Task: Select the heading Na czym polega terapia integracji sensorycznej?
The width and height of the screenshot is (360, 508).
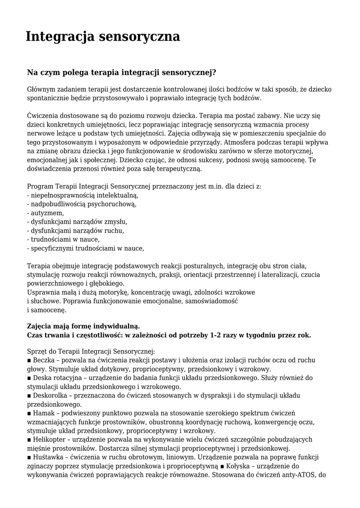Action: pyautogui.click(x=122, y=72)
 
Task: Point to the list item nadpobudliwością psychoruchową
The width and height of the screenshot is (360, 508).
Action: pyautogui.click(x=82, y=204)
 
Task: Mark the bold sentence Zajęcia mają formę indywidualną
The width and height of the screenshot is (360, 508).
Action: pyautogui.click(x=83, y=326)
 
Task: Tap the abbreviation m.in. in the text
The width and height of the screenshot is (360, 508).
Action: pyautogui.click(x=217, y=187)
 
